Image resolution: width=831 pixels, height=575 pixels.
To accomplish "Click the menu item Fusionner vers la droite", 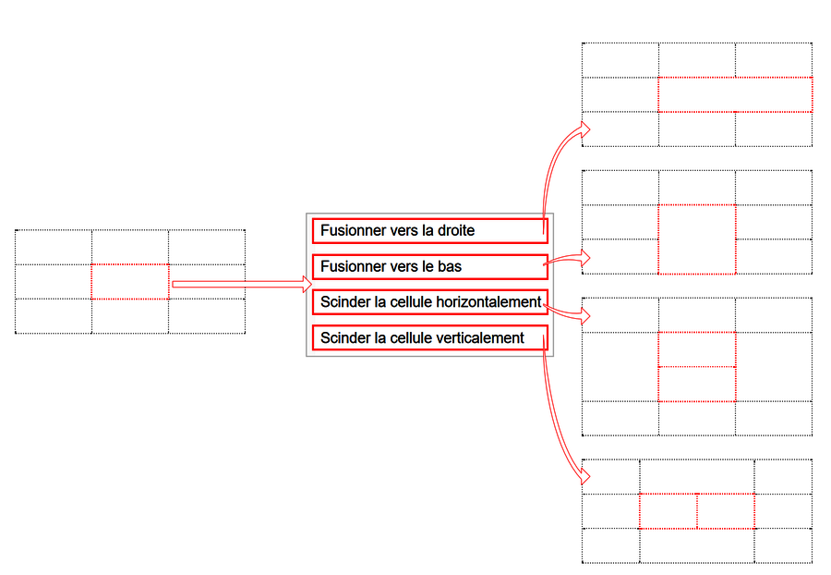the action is point(429,231).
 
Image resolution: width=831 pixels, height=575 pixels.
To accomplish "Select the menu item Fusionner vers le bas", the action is point(429,267).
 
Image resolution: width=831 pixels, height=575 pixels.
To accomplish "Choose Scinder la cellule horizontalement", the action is point(429,302).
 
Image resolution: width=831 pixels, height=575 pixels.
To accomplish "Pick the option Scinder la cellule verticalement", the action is point(429,338).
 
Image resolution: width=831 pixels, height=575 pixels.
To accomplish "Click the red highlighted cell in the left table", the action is point(130,282).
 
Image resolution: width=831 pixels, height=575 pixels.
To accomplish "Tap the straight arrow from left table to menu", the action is point(242,285).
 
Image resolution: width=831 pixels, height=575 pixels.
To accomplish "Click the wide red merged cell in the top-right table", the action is point(736,94).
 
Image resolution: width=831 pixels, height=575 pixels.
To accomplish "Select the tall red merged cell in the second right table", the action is point(697,239).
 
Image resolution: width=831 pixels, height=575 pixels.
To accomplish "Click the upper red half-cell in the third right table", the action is point(697,349).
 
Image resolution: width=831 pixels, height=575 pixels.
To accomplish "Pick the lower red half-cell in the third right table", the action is point(697,384).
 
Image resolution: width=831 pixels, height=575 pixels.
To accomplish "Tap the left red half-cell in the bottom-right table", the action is point(668,511).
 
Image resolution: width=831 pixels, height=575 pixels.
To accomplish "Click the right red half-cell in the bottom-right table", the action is point(726,511).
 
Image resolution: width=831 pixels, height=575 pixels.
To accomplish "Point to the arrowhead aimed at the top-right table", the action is point(584,128).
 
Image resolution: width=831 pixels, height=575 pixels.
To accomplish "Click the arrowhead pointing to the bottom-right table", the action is point(584,476).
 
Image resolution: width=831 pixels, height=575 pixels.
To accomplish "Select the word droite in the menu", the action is point(456,231).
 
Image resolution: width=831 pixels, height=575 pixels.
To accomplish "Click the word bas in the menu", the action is point(450,266).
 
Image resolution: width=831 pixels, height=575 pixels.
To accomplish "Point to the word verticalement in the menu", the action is point(475,338).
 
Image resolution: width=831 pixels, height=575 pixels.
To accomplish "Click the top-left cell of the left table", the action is point(54,247).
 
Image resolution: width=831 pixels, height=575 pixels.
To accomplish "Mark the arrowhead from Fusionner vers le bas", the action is point(584,258).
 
